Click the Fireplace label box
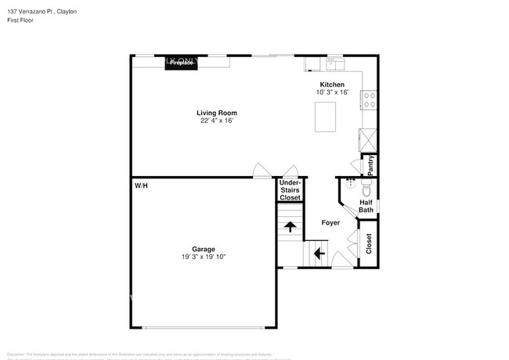(180, 62)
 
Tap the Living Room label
(216, 113)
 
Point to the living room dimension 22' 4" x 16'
(216, 121)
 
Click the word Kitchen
(331, 84)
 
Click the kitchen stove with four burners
(368, 100)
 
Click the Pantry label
(370, 164)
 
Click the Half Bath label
(366, 205)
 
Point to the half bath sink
(350, 185)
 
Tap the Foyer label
(330, 223)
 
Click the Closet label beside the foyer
(368, 243)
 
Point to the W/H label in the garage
(141, 185)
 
